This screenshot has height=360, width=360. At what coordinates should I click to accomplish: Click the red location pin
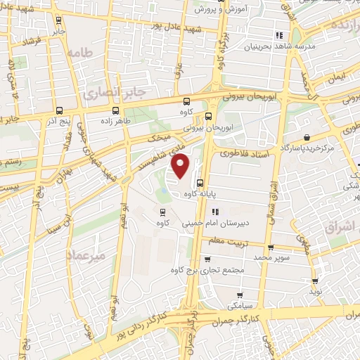pyautogui.click(x=182, y=166)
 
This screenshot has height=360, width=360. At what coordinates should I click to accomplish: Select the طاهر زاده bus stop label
pyautogui.click(x=116, y=121)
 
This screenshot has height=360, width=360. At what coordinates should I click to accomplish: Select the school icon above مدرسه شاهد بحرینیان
pyautogui.click(x=279, y=34)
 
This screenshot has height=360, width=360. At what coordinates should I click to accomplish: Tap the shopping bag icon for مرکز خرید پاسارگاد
pyautogui.click(x=306, y=137)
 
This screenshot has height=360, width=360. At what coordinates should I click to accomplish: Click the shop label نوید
pyautogui.click(x=316, y=290)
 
